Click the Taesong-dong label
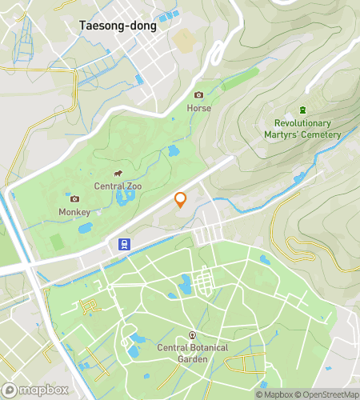click(118, 25)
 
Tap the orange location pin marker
click(181, 199)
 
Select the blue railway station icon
click(125, 244)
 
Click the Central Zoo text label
click(118, 186)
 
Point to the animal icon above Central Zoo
click(118, 174)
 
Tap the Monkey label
click(74, 212)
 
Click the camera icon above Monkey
click(74, 198)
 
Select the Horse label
click(198, 107)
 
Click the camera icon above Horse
click(198, 94)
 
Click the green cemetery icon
click(302, 110)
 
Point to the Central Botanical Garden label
click(191, 353)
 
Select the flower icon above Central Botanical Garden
click(191, 334)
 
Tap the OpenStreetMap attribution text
click(329, 394)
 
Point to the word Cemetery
click(322, 134)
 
